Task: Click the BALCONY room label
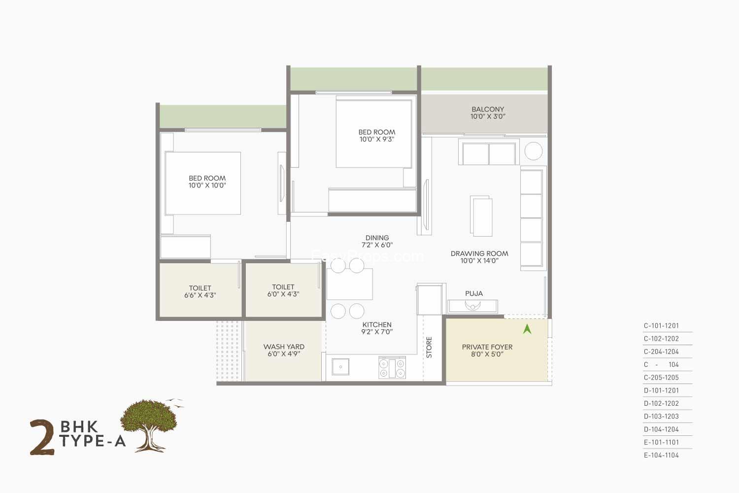[x=488, y=109]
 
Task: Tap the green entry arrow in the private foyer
[x=527, y=329]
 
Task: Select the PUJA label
[x=474, y=293]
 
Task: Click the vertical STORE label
[x=429, y=348]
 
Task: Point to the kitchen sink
[x=340, y=366]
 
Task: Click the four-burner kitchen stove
[x=392, y=368]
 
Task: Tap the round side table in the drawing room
[x=534, y=151]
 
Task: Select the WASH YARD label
[x=284, y=347]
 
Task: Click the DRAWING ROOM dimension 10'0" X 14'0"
[x=479, y=261]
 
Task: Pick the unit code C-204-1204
[x=661, y=352]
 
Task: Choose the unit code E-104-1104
[x=661, y=456]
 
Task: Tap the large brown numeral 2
[x=42, y=437]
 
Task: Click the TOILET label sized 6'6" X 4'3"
[x=200, y=291]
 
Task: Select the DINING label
[x=377, y=238]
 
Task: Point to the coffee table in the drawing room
[x=481, y=216]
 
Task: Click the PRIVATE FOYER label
[x=487, y=347]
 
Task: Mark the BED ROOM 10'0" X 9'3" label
[x=377, y=136]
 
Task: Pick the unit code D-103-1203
[x=661, y=417]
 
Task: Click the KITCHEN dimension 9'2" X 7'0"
[x=377, y=332]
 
